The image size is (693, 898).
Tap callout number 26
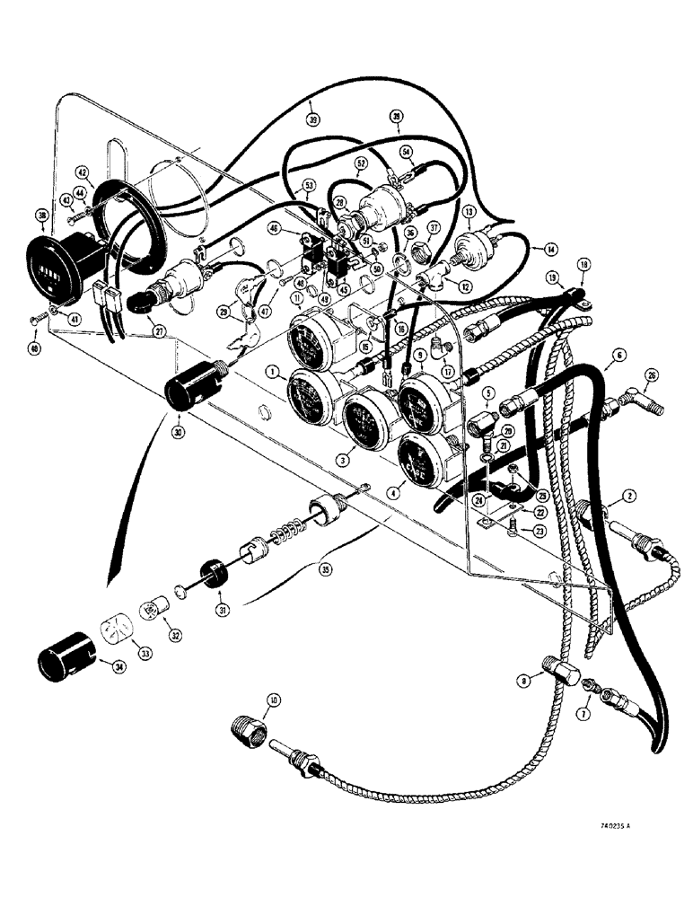[652, 375]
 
